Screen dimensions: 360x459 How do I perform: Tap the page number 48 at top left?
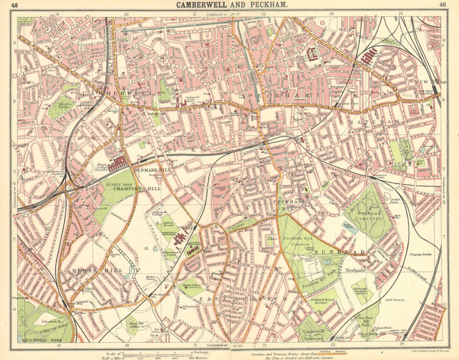point(15,5)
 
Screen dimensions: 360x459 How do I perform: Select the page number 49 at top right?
point(442,5)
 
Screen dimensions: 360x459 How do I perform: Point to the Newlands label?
point(354,270)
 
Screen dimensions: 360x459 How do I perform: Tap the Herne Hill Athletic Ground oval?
point(131,325)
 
